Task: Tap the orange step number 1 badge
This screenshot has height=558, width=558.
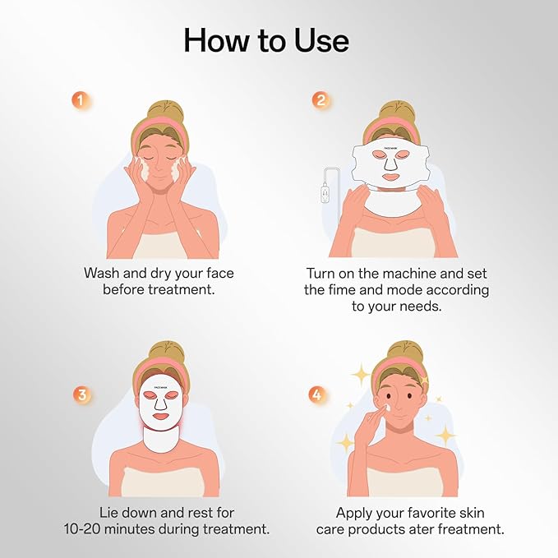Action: (x=80, y=100)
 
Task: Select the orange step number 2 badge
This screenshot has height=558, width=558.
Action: (x=320, y=100)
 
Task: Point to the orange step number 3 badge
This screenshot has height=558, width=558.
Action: (x=81, y=394)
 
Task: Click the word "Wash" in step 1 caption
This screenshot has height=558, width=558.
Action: (x=104, y=272)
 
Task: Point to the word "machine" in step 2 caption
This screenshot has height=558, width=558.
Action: (x=417, y=272)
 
